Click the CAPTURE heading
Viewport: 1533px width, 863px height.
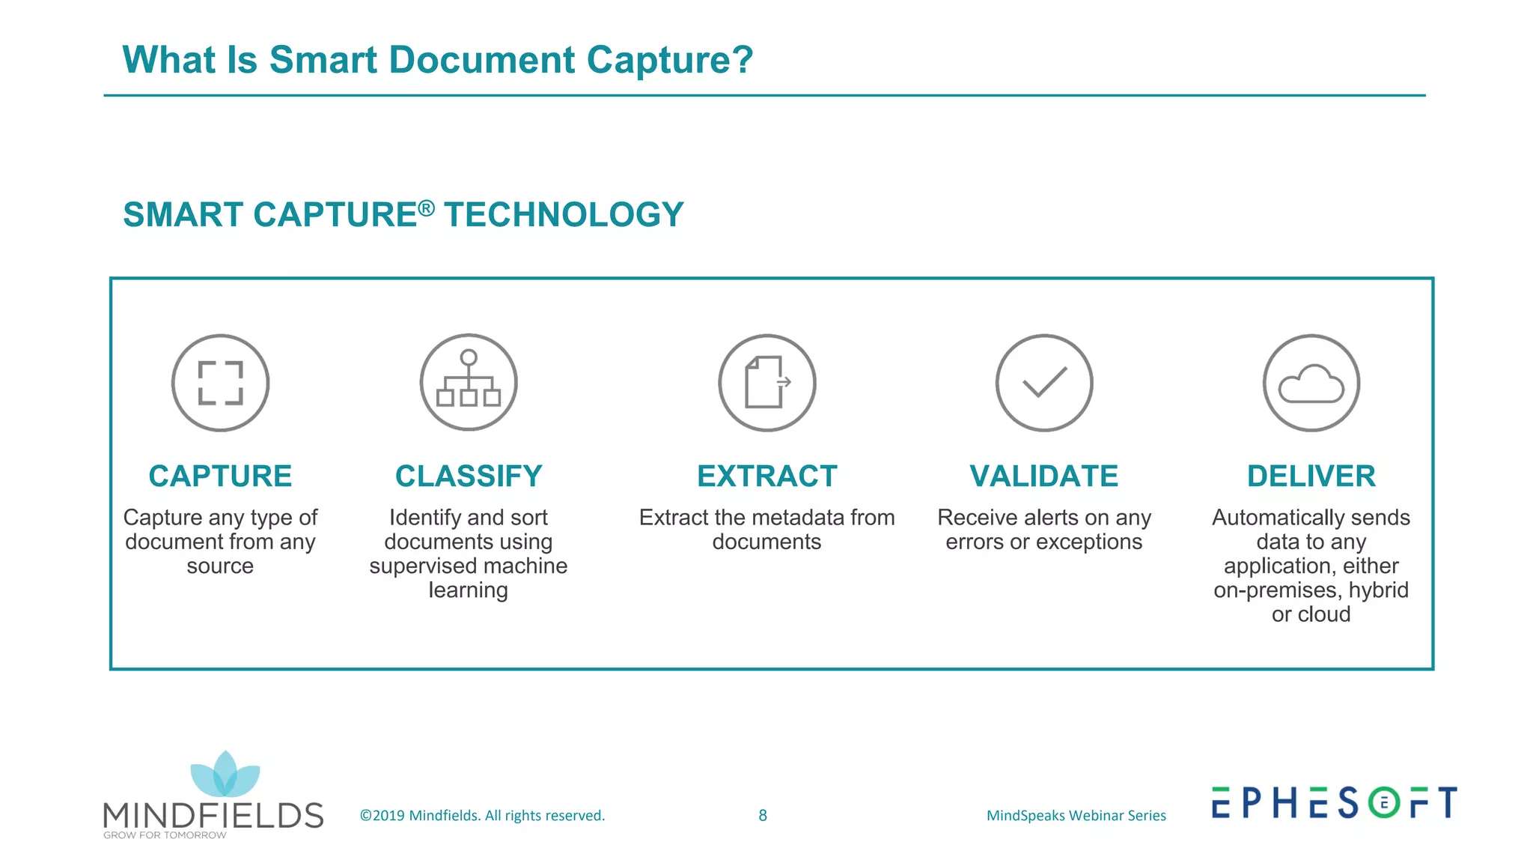click(x=220, y=476)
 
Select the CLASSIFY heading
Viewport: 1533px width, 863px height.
click(x=469, y=476)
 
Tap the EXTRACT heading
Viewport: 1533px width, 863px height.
click(x=766, y=476)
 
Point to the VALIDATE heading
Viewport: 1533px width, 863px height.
click(x=1043, y=476)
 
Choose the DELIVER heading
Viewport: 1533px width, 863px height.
click(x=1311, y=476)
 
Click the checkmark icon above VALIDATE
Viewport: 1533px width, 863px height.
click(x=1044, y=383)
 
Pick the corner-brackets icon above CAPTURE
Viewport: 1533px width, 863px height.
click(x=220, y=383)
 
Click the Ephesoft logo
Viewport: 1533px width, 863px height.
click(x=1334, y=802)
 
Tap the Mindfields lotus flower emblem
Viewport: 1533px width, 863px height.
click(x=225, y=775)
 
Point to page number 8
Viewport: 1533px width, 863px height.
click(x=763, y=815)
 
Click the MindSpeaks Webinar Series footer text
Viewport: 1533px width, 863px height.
click(x=1076, y=815)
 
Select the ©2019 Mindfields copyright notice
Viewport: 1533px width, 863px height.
click(x=482, y=815)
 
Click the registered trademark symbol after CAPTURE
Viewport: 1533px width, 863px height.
click(x=426, y=208)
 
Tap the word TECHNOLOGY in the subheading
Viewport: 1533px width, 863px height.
click(x=564, y=215)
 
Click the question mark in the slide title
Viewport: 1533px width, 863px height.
click(x=742, y=60)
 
